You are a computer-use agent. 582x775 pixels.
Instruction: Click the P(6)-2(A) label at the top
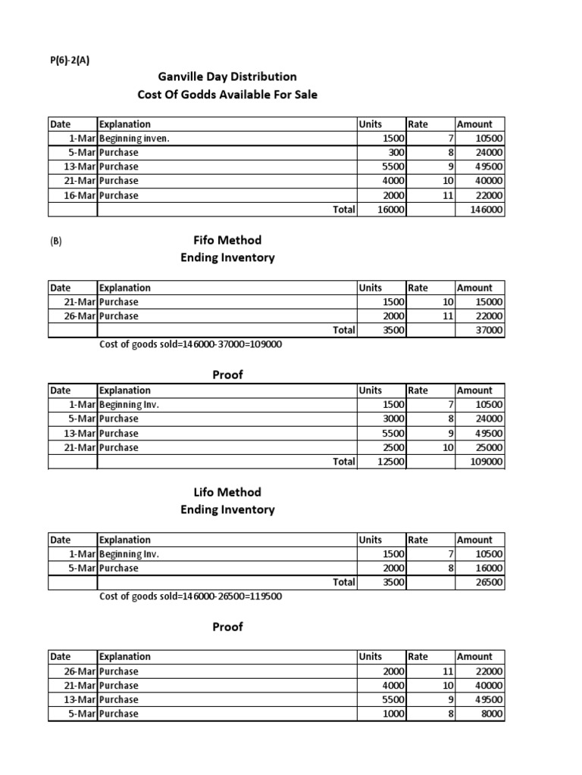coord(69,62)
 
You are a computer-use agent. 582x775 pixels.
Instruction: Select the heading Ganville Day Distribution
coord(227,76)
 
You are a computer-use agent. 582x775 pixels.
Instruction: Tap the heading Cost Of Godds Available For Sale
coord(227,95)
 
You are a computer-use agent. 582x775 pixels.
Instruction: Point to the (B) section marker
coord(56,242)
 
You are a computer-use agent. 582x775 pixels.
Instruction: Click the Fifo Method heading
coord(227,240)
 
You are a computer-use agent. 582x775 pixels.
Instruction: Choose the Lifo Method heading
coord(227,492)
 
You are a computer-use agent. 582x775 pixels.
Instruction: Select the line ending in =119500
coord(191,596)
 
